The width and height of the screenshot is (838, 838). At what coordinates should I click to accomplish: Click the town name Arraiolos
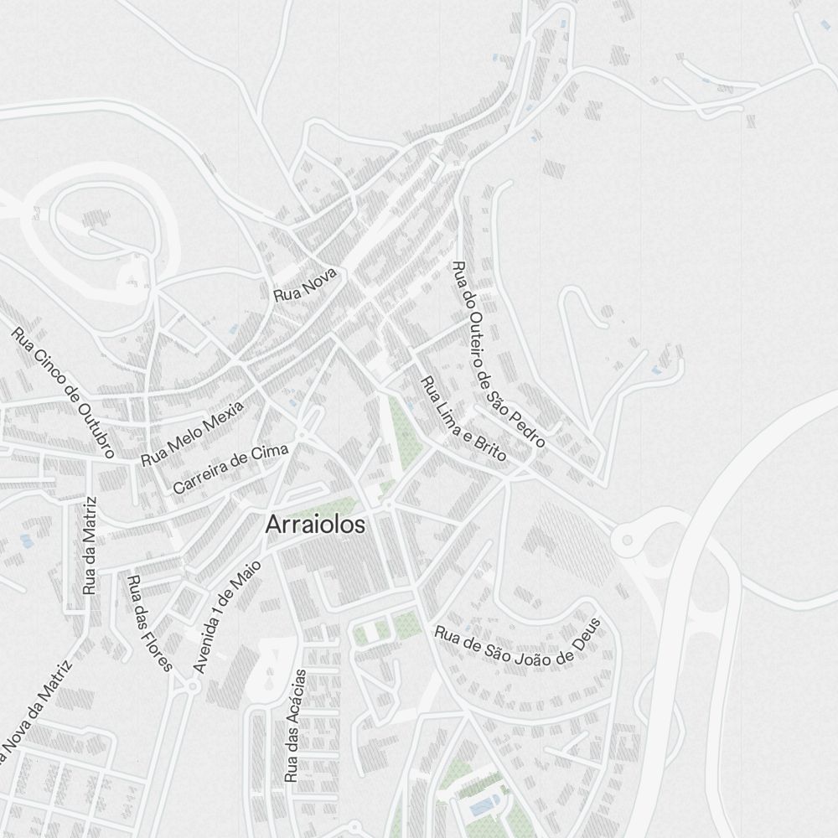click(316, 525)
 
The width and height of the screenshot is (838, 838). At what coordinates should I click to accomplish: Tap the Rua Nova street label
click(304, 285)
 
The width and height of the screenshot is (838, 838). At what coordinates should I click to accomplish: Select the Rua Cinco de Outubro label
click(63, 392)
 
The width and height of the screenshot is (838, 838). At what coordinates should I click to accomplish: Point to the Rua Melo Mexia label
click(192, 433)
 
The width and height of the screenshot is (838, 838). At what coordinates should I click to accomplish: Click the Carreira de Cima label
click(230, 468)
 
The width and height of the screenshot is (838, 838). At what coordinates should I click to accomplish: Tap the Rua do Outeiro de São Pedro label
click(499, 354)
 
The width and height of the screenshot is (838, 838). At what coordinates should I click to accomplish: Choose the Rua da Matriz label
click(91, 546)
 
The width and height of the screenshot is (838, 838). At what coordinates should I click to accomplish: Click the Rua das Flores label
click(149, 623)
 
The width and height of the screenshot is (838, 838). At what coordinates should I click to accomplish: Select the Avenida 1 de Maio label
click(226, 616)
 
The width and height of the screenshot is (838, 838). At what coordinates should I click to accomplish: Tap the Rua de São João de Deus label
click(519, 643)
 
